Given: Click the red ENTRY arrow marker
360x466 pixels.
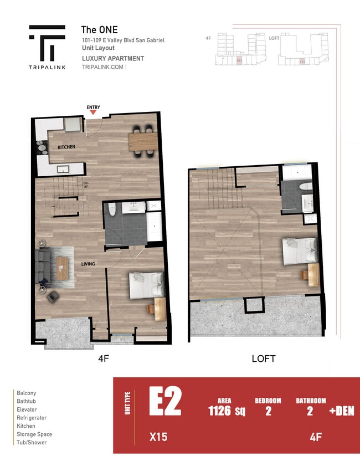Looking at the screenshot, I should (93, 112).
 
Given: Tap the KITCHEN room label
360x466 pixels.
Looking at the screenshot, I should (66, 147).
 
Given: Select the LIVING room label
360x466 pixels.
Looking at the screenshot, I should (88, 264).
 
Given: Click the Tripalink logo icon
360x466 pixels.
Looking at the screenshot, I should (47, 44).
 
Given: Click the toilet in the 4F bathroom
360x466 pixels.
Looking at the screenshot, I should (111, 209).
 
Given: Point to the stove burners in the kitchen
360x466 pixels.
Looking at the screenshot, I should (42, 147).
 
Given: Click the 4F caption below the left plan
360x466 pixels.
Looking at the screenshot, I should (103, 359).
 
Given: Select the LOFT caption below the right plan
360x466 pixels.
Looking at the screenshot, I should (263, 359).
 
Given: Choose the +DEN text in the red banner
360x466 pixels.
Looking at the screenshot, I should (341, 411).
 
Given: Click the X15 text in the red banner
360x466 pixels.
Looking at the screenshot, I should (158, 437).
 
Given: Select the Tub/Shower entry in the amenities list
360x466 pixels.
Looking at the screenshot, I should (32, 442).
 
